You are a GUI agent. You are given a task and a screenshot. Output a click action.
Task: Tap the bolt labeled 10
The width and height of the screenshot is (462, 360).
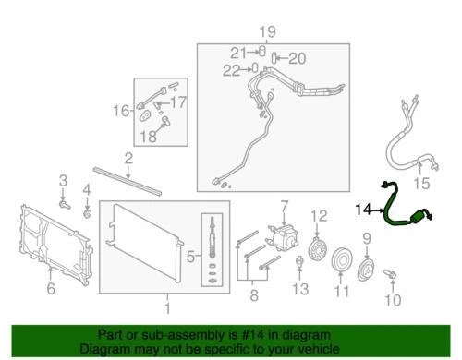[390, 275]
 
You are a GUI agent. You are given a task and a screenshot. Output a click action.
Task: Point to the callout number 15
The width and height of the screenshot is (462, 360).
[424, 183]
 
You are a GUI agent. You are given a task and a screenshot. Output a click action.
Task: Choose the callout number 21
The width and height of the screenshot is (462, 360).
[237, 51]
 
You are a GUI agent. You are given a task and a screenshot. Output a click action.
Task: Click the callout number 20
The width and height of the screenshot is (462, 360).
[296, 58]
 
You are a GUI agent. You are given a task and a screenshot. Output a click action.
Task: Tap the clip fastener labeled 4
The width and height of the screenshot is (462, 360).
[86, 215]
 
